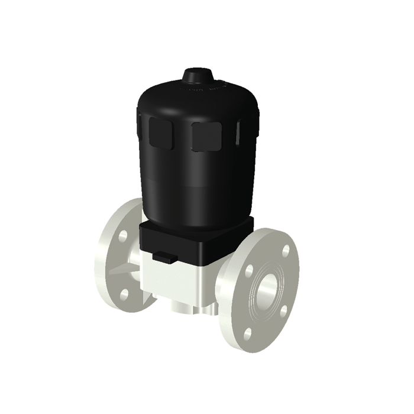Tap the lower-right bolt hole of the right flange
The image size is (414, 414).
[283, 311]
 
